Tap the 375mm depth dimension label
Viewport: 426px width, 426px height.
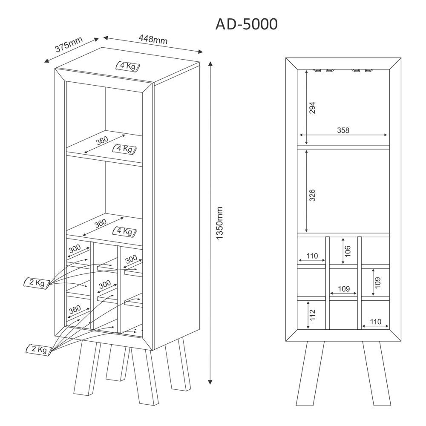point(68,45)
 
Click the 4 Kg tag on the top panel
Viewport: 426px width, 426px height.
point(127,66)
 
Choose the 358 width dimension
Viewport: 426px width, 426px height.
point(343,130)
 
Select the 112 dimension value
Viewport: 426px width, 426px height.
point(313,315)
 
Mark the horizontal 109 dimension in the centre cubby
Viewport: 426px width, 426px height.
point(344,289)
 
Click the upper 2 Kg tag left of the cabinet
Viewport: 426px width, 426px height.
point(37,282)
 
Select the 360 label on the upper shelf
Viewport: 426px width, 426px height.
point(102,140)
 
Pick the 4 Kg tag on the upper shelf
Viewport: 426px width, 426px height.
point(124,149)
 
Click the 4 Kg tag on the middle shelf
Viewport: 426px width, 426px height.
point(124,231)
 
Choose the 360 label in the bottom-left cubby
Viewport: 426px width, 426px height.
point(75,310)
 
